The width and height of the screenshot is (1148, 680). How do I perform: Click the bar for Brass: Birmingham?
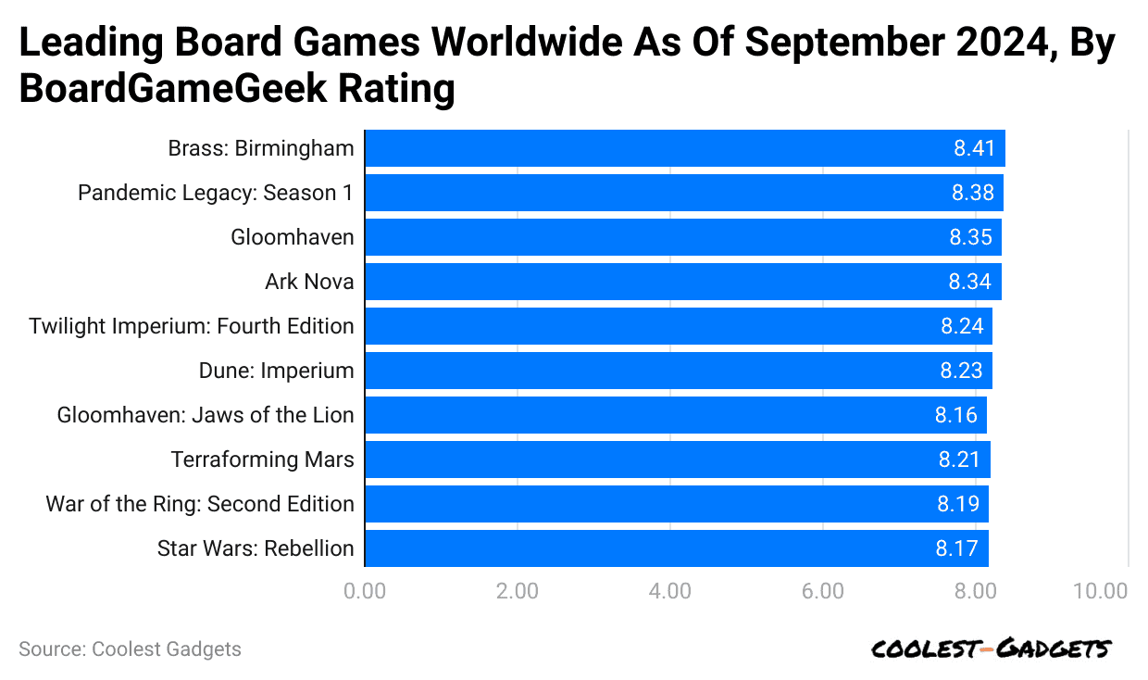(685, 148)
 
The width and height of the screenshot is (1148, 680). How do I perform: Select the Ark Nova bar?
(683, 282)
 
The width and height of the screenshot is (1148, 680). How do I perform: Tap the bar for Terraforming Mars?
(678, 460)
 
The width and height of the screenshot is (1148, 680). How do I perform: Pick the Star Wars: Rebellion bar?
(677, 548)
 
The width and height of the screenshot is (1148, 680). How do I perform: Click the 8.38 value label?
(971, 193)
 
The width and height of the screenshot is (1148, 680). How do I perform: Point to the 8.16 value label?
(955, 415)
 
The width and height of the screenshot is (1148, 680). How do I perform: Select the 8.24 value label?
(962, 326)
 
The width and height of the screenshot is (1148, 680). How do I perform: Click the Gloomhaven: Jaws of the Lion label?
(206, 415)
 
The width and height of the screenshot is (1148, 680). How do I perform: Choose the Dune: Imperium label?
(276, 371)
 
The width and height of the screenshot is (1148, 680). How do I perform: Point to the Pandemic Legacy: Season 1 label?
(216, 193)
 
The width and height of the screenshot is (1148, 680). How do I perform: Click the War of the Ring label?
(200, 504)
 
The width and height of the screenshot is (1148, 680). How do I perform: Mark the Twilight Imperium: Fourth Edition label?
(192, 326)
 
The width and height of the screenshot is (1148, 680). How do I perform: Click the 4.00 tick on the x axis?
(670, 591)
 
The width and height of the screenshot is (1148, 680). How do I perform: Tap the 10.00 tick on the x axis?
(1101, 591)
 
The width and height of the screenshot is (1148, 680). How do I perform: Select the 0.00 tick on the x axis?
(365, 591)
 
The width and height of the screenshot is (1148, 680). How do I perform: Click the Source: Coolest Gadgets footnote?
(130, 649)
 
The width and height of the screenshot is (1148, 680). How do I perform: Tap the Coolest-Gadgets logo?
(990, 649)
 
